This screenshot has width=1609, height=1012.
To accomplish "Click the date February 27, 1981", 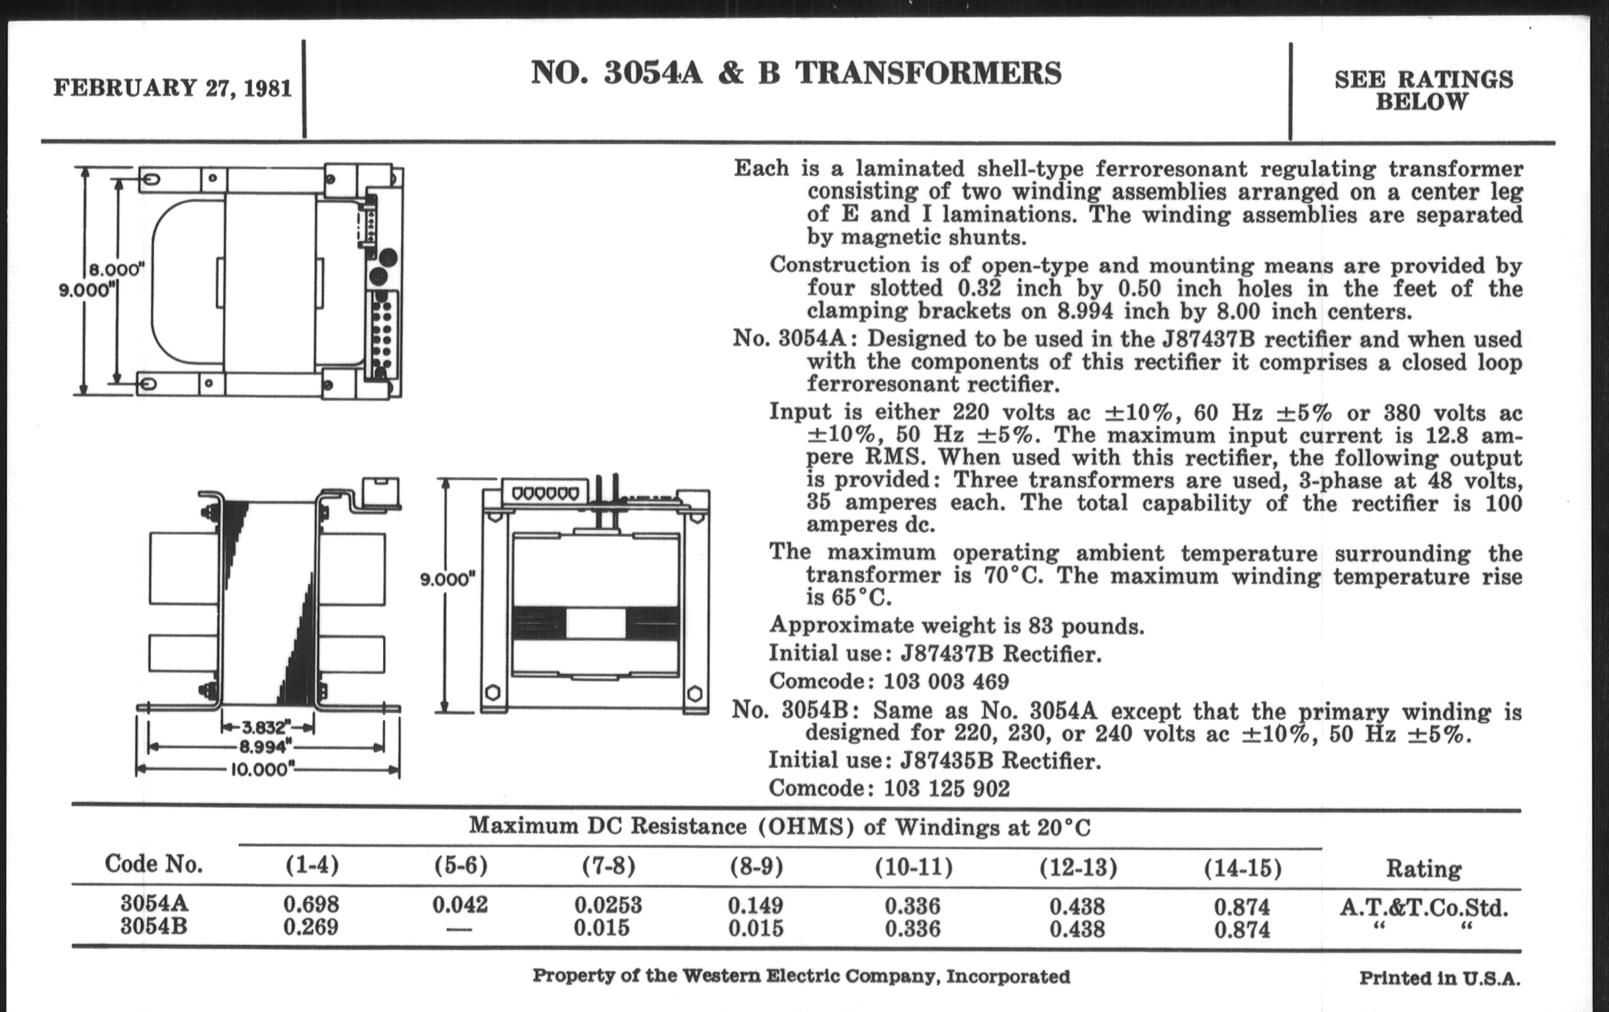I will tap(173, 87).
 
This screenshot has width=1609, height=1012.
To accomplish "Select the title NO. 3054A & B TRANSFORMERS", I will tap(795, 73).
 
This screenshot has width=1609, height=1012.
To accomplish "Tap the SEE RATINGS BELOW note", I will tap(1423, 90).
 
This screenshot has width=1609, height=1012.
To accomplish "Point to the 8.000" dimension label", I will tap(117, 269).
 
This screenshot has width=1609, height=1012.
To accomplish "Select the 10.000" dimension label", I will tap(261, 769).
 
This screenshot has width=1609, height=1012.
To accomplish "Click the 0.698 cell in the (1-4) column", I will tap(311, 904).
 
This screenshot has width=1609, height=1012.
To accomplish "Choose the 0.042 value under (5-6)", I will tap(460, 904).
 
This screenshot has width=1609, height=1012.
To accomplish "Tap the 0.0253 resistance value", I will tap(608, 905).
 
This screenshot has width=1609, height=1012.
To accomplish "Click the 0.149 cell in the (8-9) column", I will tap(755, 905).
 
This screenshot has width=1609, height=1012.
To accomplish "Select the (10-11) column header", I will tap(914, 867).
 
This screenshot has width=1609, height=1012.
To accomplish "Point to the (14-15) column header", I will tap(1242, 868).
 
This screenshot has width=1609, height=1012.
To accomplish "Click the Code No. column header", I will tap(153, 864).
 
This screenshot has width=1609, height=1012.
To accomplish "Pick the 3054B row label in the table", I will tap(153, 927).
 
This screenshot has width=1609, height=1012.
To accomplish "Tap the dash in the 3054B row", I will tap(459, 929).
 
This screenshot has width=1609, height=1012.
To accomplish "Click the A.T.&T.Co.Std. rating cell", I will tap(1423, 907).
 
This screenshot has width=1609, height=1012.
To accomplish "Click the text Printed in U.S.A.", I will tap(1439, 979).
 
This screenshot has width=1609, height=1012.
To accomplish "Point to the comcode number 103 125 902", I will tap(946, 788).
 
